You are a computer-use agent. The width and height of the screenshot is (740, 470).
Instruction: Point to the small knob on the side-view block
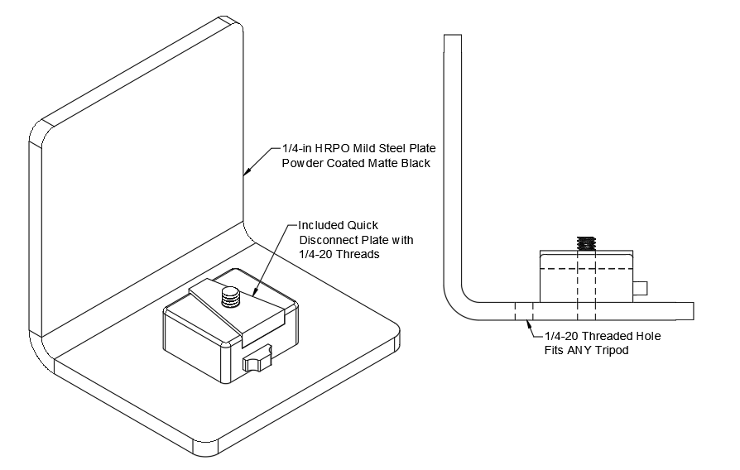[x=641, y=288]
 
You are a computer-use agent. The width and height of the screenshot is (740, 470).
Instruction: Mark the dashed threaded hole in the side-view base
[x=523, y=311]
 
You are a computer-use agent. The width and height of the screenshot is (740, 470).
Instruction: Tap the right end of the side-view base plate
[x=691, y=311]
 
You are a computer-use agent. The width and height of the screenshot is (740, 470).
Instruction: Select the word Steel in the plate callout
[x=395, y=148]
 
